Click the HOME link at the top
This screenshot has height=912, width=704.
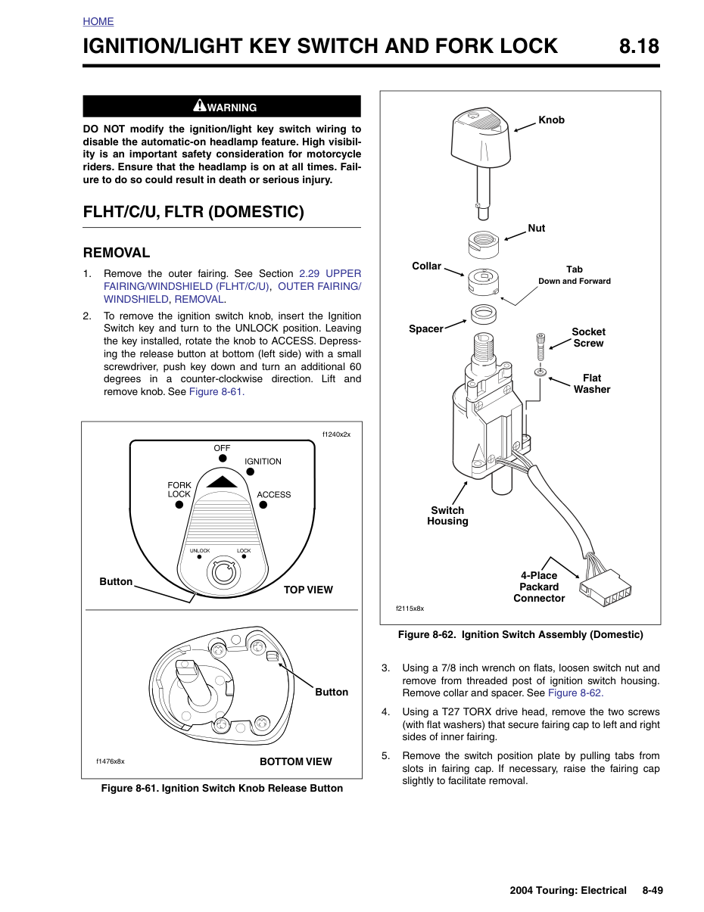coord(98,21)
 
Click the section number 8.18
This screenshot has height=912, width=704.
coord(639,46)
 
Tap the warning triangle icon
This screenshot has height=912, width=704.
coord(199,105)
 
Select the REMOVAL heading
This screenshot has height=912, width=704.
coord(117,253)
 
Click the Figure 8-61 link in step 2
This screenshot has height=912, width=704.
coord(216,391)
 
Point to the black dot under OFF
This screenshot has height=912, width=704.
coord(223,459)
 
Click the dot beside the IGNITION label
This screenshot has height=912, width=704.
coord(251,472)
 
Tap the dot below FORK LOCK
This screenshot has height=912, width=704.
coord(179,505)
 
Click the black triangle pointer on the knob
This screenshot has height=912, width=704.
coord(222,482)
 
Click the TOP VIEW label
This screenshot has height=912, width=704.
coord(308,590)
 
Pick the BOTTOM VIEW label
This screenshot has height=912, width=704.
coord(295,761)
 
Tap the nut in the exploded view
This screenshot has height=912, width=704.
coord(483,244)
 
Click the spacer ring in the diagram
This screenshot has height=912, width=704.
coord(483,314)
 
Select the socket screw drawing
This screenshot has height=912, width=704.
coord(540,347)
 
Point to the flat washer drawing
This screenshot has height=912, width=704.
coord(540,372)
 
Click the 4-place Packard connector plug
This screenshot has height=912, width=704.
coord(606,587)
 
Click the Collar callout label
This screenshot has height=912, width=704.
coord(426,266)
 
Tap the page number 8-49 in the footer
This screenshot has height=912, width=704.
coord(653,890)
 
